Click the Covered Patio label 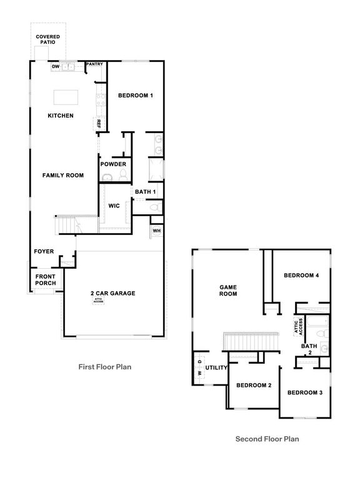click(47, 39)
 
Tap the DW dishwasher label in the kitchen click(55, 66)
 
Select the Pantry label click(94, 64)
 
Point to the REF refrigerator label click(98, 124)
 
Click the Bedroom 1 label click(136, 95)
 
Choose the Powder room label click(113, 164)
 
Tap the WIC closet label click(114, 205)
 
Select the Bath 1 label click(146, 191)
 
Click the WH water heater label click(156, 231)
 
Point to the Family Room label click(62, 176)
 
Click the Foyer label click(44, 252)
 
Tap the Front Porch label click(46, 280)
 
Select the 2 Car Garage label click(112, 293)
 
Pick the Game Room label click(228, 290)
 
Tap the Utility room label click(216, 368)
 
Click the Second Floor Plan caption click(267, 439)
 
